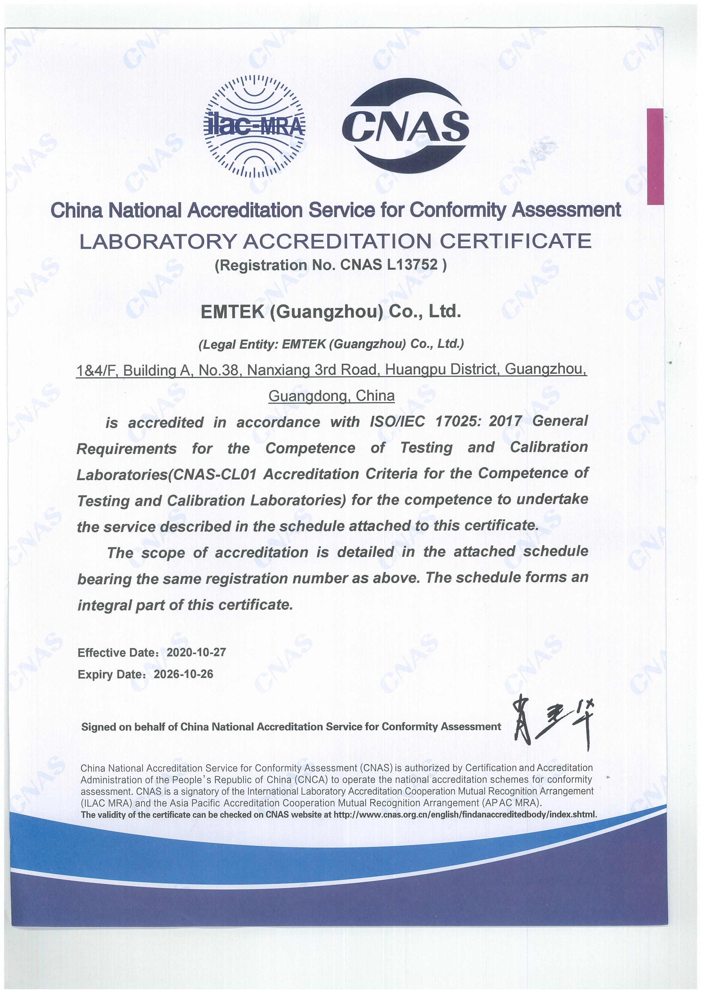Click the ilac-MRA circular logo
click(x=254, y=126)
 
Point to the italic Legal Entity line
click(x=331, y=344)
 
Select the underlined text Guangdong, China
click(x=331, y=396)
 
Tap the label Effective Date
click(x=116, y=653)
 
